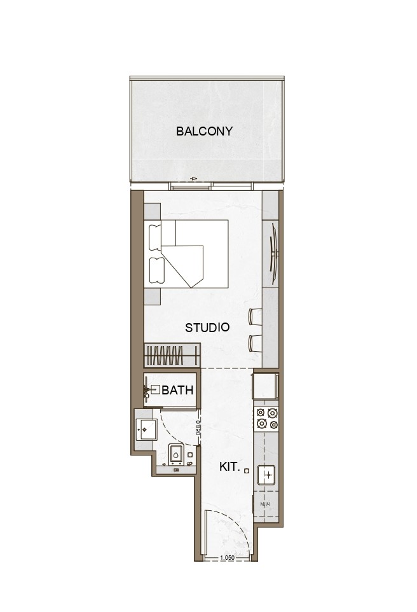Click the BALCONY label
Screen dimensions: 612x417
click(204, 132)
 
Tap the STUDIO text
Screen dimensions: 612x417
click(207, 328)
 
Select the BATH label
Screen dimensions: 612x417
click(177, 391)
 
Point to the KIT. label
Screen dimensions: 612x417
click(229, 467)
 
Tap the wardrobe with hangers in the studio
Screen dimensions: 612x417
click(172, 355)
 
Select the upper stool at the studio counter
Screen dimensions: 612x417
click(254, 316)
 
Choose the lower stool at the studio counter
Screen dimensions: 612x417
click(254, 343)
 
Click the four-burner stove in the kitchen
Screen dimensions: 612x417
click(266, 418)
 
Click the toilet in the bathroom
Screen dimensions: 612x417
click(177, 456)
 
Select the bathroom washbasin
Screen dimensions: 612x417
click(145, 429)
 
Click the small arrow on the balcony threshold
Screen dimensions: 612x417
click(192, 179)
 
